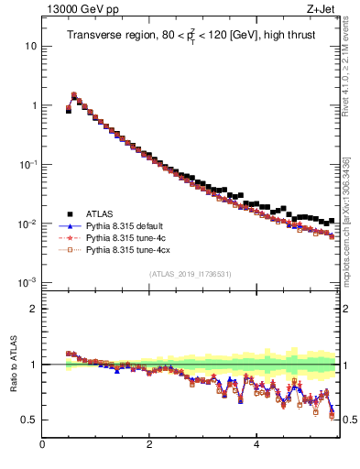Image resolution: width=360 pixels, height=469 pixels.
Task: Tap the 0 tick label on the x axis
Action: click(x=42, y=446)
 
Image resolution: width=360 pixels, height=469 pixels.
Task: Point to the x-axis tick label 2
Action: click(x=149, y=446)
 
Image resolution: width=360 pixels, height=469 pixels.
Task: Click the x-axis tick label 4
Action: click(x=256, y=446)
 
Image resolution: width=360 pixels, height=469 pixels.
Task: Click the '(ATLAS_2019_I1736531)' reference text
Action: click(x=190, y=274)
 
